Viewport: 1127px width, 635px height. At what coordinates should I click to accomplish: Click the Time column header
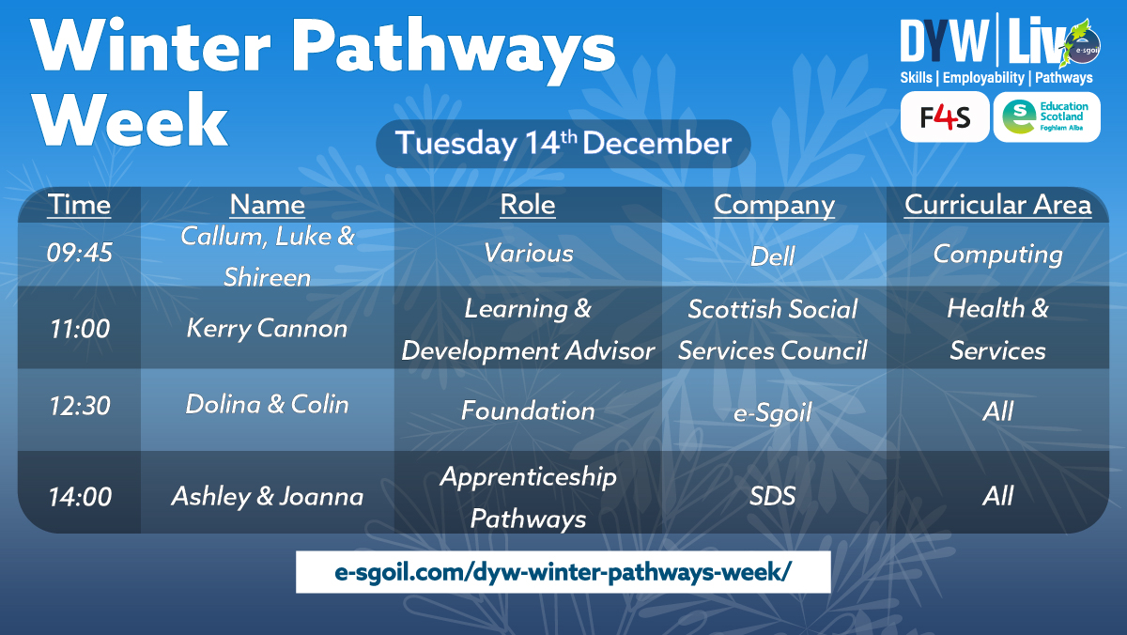tap(79, 205)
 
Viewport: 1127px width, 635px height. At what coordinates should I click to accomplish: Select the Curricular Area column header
tap(997, 205)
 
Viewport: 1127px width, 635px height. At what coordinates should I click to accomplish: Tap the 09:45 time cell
tap(79, 254)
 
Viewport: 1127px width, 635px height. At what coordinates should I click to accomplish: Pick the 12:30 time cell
tap(79, 406)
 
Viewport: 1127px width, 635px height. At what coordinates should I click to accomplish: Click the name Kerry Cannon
tap(267, 329)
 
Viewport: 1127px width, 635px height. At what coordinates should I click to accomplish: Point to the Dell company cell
tap(773, 256)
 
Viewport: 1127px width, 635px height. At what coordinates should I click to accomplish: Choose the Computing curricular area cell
tap(997, 254)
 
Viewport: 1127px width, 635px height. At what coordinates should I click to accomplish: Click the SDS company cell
tap(773, 496)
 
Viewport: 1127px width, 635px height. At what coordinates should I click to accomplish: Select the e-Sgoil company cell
tap(773, 412)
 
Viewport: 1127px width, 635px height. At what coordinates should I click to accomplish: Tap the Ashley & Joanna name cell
tap(267, 496)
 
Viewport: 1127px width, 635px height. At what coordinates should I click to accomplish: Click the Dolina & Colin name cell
tap(267, 405)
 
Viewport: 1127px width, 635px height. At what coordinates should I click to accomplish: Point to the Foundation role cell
tap(528, 411)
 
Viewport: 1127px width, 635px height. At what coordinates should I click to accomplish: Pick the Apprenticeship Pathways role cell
tap(528, 497)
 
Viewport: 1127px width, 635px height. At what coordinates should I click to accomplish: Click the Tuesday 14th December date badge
tap(563, 144)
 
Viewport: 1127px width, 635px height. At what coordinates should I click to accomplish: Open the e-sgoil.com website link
tap(563, 572)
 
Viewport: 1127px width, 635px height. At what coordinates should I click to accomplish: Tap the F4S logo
tap(944, 117)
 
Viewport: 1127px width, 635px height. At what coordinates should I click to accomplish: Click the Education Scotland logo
tap(1046, 117)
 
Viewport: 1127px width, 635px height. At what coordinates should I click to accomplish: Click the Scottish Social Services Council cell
tap(773, 329)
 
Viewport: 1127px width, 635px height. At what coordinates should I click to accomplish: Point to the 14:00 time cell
tap(79, 496)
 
